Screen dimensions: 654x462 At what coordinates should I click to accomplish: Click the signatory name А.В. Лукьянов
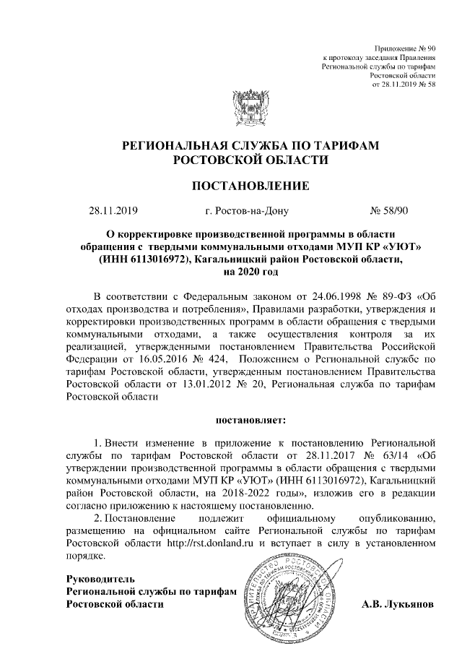(398, 604)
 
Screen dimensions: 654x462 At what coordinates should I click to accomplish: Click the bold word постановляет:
(250, 419)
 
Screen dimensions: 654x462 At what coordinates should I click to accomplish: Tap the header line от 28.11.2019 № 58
(404, 84)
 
